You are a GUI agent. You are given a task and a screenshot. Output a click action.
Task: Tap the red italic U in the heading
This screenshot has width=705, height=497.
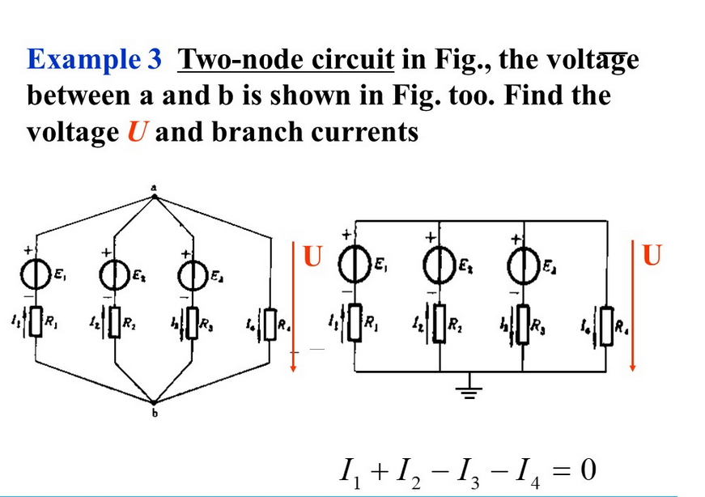pos(136,130)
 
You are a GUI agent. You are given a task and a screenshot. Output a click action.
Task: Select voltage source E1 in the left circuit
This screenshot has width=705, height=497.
pos(36,275)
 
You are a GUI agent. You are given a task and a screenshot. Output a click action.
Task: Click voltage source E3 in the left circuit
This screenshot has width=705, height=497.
pos(192,275)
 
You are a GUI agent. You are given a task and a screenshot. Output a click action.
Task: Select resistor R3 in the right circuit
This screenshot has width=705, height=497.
pos(523,325)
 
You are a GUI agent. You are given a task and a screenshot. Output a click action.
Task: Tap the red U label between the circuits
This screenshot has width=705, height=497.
pos(312,255)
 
